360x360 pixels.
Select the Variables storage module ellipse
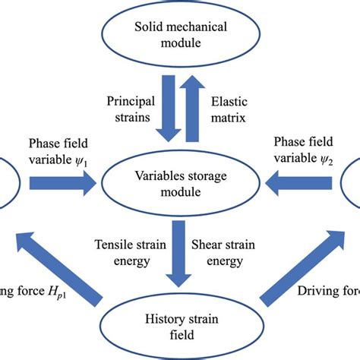point(180,182)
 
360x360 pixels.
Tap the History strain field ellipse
point(180,327)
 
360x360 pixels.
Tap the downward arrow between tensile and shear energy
point(180,249)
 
